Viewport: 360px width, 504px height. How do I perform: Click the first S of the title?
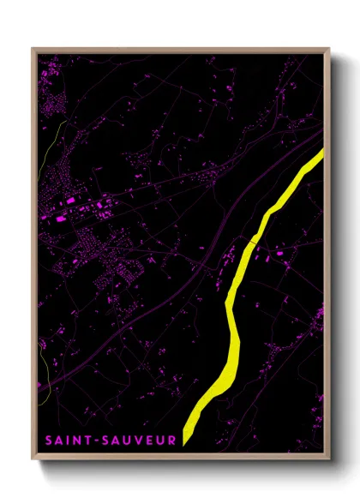click(x=50, y=441)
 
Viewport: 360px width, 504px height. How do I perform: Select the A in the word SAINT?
click(x=61, y=441)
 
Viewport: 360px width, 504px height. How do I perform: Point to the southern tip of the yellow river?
click(x=187, y=441)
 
